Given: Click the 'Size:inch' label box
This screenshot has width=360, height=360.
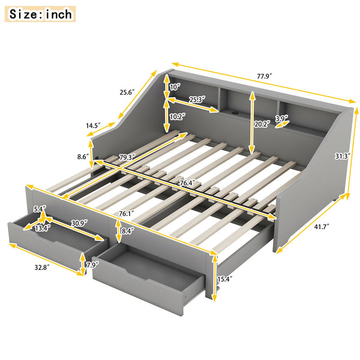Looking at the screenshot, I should click(40, 14).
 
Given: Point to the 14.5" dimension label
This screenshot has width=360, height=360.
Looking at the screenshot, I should click(93, 127).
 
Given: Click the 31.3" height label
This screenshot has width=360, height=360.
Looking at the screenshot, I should click(343, 156).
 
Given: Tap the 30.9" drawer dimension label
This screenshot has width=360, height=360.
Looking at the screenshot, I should click(78, 222).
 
